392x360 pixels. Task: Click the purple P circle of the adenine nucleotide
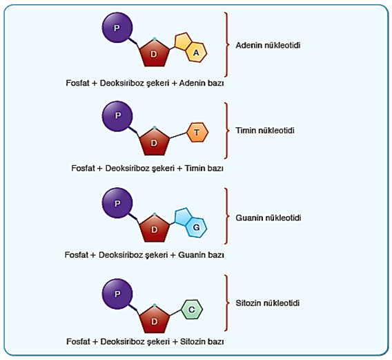tap(117, 28)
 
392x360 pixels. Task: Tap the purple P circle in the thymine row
tap(117, 116)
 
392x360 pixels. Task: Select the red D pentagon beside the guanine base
tap(155, 228)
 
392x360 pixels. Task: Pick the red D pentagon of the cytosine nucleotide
tap(155, 319)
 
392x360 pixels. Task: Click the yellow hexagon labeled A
tap(197, 52)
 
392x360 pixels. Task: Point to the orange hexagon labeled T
tap(197, 133)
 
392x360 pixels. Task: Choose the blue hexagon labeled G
tap(197, 227)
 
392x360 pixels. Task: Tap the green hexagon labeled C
tap(191, 310)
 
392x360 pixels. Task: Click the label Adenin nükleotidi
tap(268, 46)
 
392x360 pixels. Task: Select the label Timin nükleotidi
tap(265, 131)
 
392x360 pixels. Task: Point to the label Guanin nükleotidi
tap(268, 218)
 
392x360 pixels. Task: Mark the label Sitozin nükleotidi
tap(268, 303)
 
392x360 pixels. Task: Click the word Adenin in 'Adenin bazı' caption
tap(190, 83)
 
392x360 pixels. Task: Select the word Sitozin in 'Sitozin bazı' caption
tap(192, 341)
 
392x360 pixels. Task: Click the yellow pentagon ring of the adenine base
tap(182, 40)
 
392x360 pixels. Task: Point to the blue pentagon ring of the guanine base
tap(182, 216)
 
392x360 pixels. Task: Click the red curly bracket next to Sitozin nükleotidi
tap(226, 303)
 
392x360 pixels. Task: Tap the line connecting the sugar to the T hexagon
tap(178, 135)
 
